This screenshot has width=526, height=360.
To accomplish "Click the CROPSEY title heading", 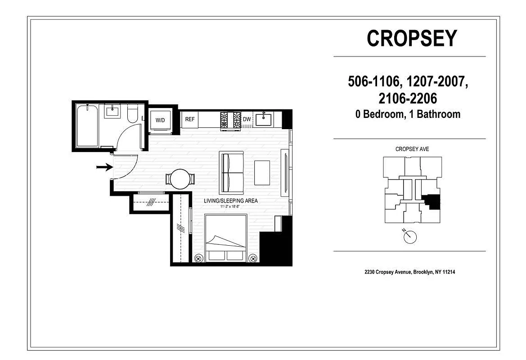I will (x=412, y=39).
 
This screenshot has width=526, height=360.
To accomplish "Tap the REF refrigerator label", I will (x=190, y=120).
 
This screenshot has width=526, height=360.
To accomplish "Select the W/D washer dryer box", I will (x=160, y=121).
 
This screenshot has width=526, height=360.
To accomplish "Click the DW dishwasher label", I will (x=247, y=120).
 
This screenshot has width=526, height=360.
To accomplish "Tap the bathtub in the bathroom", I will (x=88, y=126).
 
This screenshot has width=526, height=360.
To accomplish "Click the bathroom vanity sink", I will (x=112, y=111).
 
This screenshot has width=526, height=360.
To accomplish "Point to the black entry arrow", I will (x=104, y=167).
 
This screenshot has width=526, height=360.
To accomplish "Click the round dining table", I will (x=181, y=179).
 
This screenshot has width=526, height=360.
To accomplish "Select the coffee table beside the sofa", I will (x=262, y=173).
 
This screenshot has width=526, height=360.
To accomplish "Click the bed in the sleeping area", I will (x=226, y=238).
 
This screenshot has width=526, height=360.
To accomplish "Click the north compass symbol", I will (x=410, y=237).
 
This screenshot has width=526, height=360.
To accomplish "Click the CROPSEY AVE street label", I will (x=412, y=149).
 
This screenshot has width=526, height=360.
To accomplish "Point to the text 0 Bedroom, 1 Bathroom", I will (x=408, y=114).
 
